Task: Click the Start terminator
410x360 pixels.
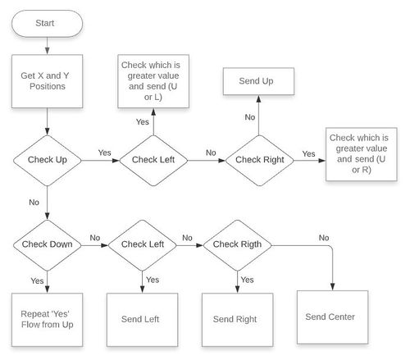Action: [47, 24]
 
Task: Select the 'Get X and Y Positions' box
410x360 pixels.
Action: [47, 81]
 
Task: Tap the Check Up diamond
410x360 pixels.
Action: [48, 161]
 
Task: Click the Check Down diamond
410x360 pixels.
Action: [48, 245]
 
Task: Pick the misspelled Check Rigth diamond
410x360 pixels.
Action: [237, 245]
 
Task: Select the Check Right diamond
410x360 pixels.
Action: [259, 161]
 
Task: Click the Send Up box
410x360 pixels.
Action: [258, 81]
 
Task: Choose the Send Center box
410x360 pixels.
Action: [332, 317]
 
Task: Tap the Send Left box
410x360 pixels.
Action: [142, 320]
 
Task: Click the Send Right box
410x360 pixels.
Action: [237, 320]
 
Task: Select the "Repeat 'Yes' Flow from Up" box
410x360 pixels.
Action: [47, 320]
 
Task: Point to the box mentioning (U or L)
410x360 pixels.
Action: [153, 81]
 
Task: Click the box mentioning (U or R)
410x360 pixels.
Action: [362, 154]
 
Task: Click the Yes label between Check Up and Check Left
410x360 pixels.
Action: [104, 153]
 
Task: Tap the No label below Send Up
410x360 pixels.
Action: [250, 117]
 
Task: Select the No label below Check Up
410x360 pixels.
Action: [34, 203]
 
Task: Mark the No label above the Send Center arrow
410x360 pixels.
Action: [324, 238]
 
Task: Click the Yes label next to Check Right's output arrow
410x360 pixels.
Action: [308, 154]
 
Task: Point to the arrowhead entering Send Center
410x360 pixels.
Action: [332, 287]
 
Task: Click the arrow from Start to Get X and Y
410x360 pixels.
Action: [47, 46]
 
